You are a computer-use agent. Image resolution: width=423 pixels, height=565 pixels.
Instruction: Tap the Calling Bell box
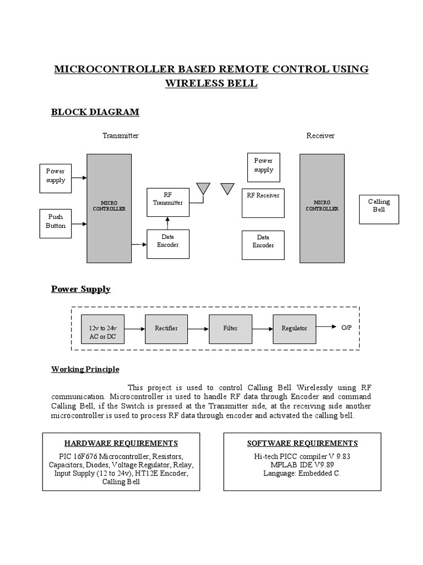pos(379,209)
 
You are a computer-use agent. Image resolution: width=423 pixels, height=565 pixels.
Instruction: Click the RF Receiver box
pos(263,203)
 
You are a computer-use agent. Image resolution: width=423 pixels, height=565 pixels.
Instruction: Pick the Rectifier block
pos(166,329)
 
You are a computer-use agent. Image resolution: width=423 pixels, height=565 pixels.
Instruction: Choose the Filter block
pos(230,329)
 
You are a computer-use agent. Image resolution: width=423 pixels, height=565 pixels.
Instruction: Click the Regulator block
pos(295,329)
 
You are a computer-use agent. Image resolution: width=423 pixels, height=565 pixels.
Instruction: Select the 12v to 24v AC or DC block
pos(102,332)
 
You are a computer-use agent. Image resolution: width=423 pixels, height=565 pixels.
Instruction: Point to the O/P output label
pos(346,328)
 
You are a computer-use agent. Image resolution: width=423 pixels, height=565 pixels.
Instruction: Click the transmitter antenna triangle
pos(203,189)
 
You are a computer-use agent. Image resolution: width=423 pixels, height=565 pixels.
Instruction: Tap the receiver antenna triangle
pos(227,189)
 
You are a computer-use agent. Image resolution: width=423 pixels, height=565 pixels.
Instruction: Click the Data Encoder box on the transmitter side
pos(167,244)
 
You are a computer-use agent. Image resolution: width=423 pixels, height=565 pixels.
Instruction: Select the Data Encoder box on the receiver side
pos(263,244)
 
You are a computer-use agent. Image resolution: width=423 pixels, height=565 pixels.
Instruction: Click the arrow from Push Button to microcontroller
pos(79,224)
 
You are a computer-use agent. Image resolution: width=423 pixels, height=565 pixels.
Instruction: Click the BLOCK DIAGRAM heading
pos(95,113)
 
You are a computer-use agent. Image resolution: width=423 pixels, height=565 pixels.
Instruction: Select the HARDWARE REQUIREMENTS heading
pos(121,443)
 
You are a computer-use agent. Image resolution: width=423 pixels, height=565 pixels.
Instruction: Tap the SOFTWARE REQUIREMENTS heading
pos(302,443)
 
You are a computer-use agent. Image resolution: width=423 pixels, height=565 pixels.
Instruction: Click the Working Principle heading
pos(85,369)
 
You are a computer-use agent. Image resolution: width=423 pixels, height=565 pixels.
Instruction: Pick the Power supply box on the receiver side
pos(264,167)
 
